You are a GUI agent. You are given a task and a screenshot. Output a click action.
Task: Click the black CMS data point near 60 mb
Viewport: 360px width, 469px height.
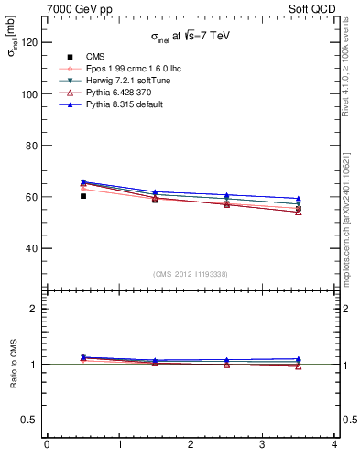(x=83, y=196)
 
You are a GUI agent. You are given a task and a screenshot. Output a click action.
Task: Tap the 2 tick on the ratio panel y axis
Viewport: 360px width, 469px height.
(x=36, y=309)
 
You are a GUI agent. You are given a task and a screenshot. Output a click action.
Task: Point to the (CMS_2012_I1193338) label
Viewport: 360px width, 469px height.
(x=191, y=274)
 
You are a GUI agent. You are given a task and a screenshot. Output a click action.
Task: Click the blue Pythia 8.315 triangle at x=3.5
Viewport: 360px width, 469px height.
(x=299, y=199)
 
